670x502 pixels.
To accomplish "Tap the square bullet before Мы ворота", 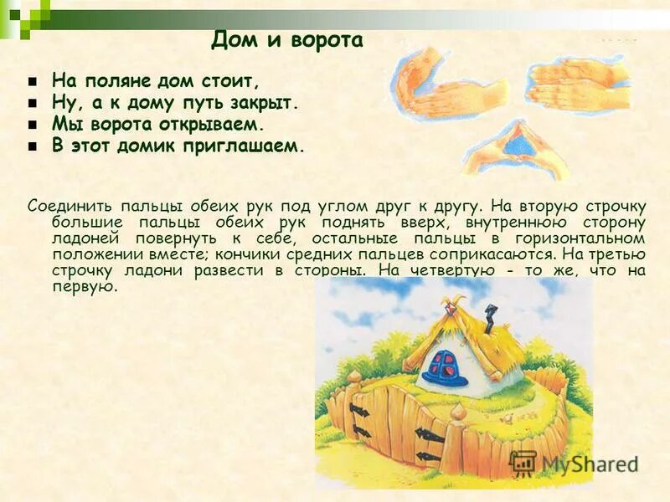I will click(33, 125).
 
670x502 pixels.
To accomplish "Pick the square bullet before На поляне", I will click(33, 82).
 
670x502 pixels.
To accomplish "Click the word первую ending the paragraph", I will click(84, 286).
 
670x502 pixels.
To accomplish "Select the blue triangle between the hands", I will click(510, 146).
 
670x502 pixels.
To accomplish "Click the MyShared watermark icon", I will click(523, 464).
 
